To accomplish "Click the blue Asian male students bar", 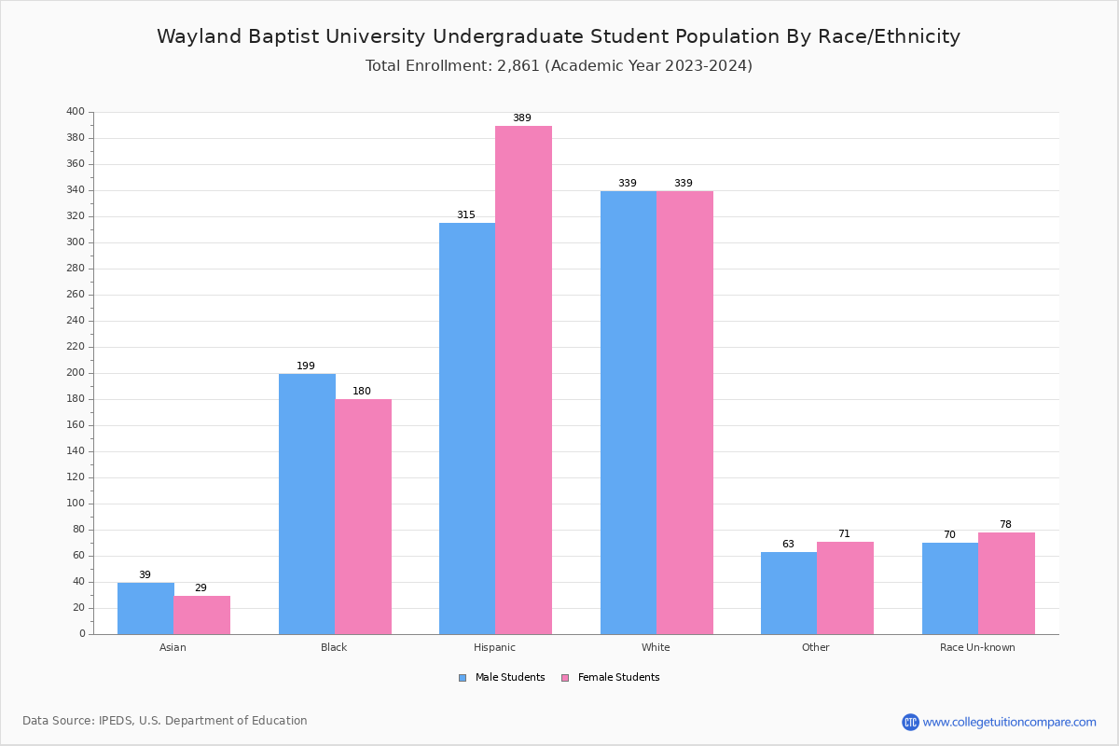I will tap(145, 608).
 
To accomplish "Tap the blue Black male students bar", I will tap(307, 504).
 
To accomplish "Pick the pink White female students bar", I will tap(684, 412).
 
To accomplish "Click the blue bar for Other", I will tap(789, 593).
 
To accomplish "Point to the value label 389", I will tap(522, 118).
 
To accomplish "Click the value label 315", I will tap(466, 215).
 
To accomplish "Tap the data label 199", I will tap(306, 366).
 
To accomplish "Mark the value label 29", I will tap(200, 588).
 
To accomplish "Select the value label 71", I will tap(844, 534).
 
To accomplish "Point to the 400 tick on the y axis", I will tap(76, 112).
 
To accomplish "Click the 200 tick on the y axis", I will tap(76, 373).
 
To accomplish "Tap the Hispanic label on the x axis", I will tap(494, 647).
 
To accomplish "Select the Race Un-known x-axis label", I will tap(977, 647).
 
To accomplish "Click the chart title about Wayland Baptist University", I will tap(559, 37).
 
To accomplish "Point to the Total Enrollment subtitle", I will tap(559, 66).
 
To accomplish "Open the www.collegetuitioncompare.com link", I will tap(1009, 722).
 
